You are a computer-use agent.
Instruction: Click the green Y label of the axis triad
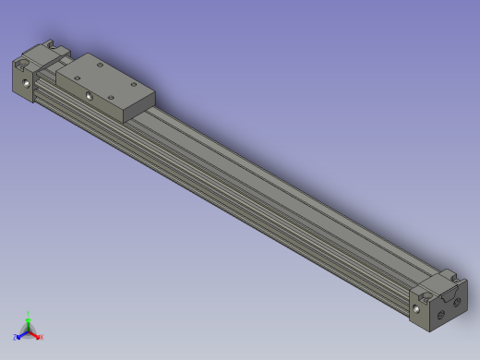(x=29, y=314)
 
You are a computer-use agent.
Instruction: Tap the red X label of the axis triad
(x=42, y=338)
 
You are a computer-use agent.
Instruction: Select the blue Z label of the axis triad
(x=16, y=338)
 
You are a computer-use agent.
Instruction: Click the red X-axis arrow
(x=36, y=333)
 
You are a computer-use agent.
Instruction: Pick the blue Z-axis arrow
(x=22, y=333)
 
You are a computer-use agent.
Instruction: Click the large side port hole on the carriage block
(x=89, y=95)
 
